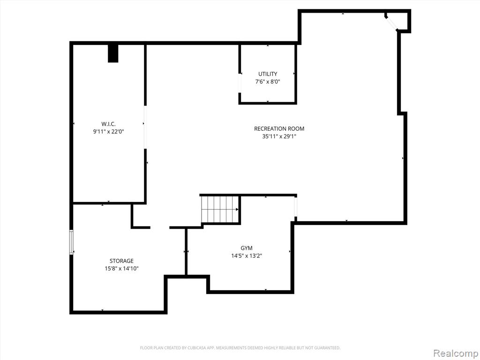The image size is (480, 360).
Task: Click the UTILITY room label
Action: pos(268,74)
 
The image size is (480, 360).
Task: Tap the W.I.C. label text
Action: pos(108,124)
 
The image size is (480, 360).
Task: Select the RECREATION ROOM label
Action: pos(279,128)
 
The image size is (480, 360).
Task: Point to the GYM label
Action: pos(247,248)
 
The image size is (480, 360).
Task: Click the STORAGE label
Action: pos(121,261)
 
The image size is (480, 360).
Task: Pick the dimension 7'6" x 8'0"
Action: pos(268,82)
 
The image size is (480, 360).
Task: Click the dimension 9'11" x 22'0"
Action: pos(108,132)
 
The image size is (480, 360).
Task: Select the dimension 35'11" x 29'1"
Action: pos(279,136)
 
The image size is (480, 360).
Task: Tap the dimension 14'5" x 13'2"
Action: pos(247,255)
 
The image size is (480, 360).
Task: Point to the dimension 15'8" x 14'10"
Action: pos(121,269)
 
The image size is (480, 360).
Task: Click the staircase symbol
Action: pos(220,210)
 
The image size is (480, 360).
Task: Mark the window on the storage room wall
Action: pos(71,242)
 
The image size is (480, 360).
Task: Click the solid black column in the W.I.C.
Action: pos(113,53)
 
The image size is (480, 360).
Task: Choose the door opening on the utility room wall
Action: pos(240,83)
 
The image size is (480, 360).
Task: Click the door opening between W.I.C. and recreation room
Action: pos(145,127)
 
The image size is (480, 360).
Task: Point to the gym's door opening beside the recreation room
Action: pos(296,207)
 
